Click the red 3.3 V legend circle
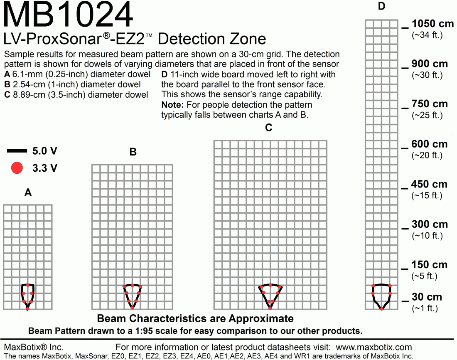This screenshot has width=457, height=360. (x=17, y=168)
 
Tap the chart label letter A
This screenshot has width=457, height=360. (x=28, y=193)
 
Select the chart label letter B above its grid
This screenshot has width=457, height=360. (x=133, y=152)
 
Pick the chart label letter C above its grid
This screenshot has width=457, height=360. (x=269, y=128)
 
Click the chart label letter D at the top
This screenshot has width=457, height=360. (x=382, y=6)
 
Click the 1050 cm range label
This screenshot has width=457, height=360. (x=430, y=24)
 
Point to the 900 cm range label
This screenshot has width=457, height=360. (x=430, y=64)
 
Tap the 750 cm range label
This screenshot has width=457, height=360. (x=430, y=104)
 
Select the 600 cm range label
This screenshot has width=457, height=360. (x=430, y=144)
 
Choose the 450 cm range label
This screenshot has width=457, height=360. (x=430, y=184)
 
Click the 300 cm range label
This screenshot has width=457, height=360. (x=430, y=224)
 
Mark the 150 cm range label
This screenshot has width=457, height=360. (x=430, y=265)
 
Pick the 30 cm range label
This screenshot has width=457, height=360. (x=427, y=297)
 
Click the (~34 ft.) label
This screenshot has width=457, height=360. (x=427, y=35)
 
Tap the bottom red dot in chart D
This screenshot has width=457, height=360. (x=382, y=309)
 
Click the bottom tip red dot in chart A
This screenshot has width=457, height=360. (x=28, y=308)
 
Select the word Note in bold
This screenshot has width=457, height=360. (x=171, y=105)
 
